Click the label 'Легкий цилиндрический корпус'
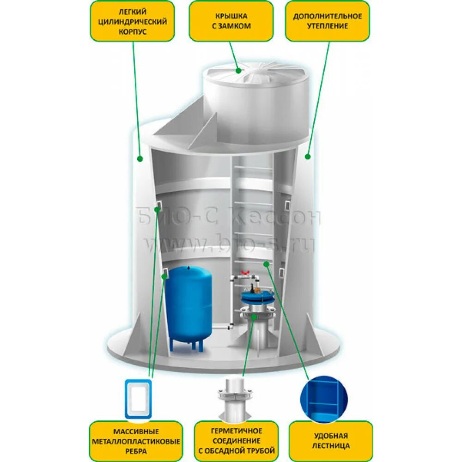click(132, 21)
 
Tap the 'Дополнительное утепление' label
click(327, 21)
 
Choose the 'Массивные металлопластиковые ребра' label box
click(135, 441)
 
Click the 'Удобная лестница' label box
click(331, 441)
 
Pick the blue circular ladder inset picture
click(323, 399)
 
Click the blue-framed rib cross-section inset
click(139, 398)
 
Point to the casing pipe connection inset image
click(236, 398)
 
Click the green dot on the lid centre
click(239, 71)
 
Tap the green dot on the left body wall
click(140, 158)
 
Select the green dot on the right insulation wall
click(308, 157)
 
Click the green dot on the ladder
click(266, 263)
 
